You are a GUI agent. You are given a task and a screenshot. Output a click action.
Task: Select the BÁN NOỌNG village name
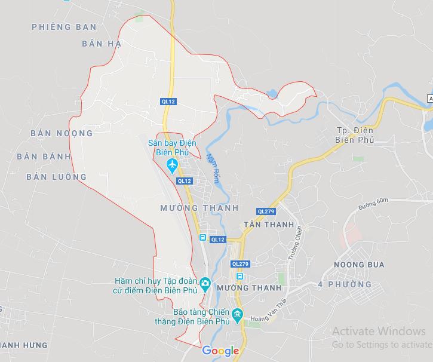62,133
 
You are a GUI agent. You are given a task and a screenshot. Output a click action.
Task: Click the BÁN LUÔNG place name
57,177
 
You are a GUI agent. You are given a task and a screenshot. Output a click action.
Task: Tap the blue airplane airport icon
173,164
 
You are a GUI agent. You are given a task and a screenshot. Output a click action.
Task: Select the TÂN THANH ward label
269,225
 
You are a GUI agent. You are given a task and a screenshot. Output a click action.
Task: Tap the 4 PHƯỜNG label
345,284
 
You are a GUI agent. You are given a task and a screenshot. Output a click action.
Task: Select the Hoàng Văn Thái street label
269,312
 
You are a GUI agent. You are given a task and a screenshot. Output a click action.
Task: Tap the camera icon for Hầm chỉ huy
205,283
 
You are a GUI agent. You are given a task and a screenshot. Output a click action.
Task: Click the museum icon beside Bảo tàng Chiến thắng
238,314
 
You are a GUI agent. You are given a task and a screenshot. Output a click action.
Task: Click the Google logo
220,351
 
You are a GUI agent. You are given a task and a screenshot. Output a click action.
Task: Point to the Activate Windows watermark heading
379,332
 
